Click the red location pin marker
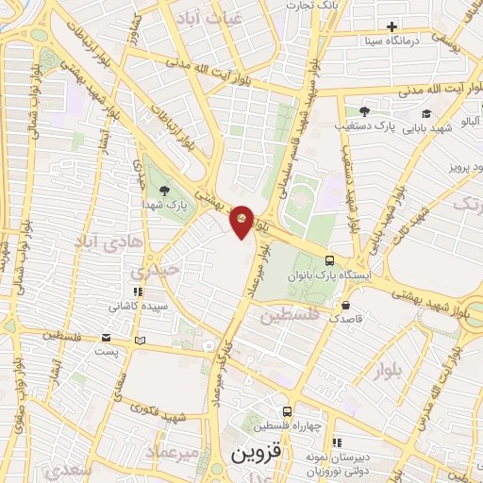[242, 221]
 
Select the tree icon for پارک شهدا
[165, 190]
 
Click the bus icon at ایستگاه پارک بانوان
[329, 259]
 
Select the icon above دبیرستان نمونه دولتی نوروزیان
[337, 440]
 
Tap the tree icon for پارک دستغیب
[364, 111]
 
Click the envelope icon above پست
[107, 338]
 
